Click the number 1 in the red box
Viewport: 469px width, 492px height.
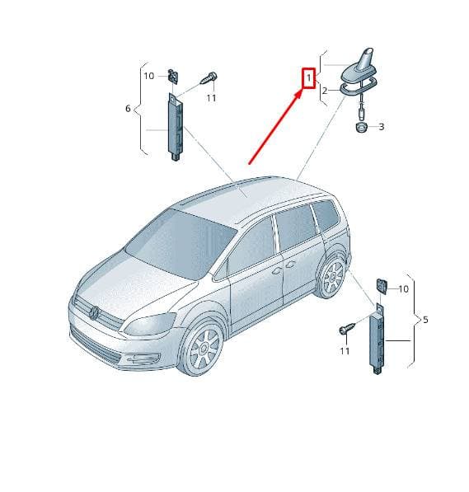[x=308, y=77]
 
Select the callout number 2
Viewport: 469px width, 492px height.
[x=325, y=91]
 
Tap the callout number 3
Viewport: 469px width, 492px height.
[x=382, y=127]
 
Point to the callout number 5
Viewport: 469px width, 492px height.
[x=425, y=320]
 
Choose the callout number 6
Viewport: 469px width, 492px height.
[x=128, y=108]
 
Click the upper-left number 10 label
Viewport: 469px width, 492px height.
[x=149, y=76]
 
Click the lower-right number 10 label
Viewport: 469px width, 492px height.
[x=403, y=289]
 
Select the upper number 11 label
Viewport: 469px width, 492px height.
[x=211, y=98]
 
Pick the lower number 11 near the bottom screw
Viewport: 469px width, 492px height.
[x=345, y=351]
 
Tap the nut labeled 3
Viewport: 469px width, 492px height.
[x=362, y=128]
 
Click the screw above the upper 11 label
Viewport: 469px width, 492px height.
[x=209, y=77]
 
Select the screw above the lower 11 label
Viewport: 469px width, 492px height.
[x=347, y=328]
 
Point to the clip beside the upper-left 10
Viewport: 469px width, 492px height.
[x=173, y=77]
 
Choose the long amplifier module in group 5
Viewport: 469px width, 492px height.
[x=378, y=339]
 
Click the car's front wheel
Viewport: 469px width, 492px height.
[x=201, y=349]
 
